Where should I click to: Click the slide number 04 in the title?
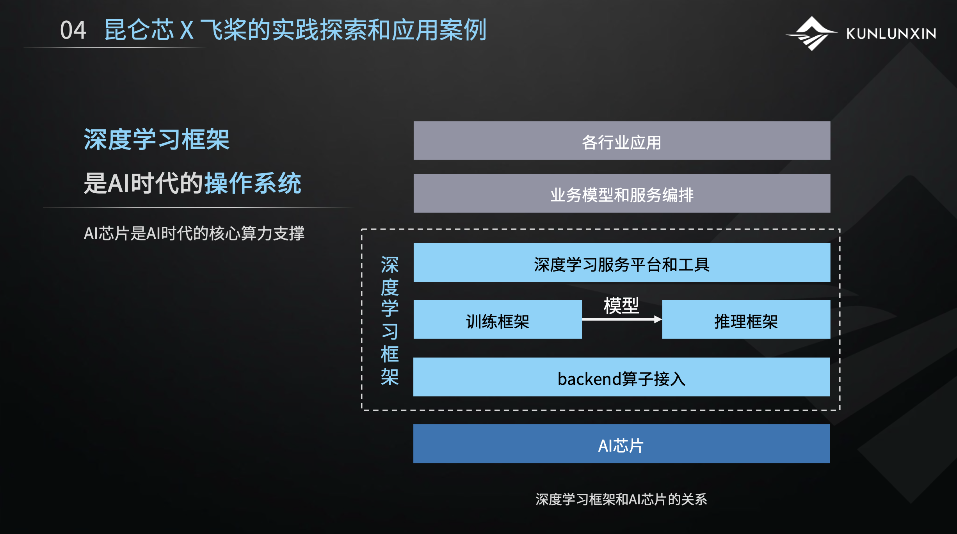(x=73, y=30)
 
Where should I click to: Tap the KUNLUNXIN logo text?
(x=891, y=34)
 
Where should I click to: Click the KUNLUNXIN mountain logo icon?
(x=811, y=34)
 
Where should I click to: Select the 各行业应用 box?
(x=622, y=141)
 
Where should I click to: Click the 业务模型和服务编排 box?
(x=622, y=193)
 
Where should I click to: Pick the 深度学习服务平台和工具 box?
(x=622, y=263)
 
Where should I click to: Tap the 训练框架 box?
(x=498, y=319)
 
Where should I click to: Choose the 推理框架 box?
(x=746, y=319)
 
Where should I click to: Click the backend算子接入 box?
(x=622, y=377)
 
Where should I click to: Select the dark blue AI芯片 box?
(x=622, y=444)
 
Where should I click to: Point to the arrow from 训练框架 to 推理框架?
(x=622, y=319)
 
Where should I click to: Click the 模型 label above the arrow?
(x=621, y=305)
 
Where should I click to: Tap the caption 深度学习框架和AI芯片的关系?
(x=621, y=499)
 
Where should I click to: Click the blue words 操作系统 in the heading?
(x=253, y=183)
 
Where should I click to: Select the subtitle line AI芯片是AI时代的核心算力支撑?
(x=194, y=233)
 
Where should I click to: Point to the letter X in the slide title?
(x=187, y=30)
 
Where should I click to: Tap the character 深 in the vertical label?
(x=390, y=265)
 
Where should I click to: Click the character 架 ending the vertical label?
(x=390, y=377)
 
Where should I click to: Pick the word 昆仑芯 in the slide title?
(x=139, y=30)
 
